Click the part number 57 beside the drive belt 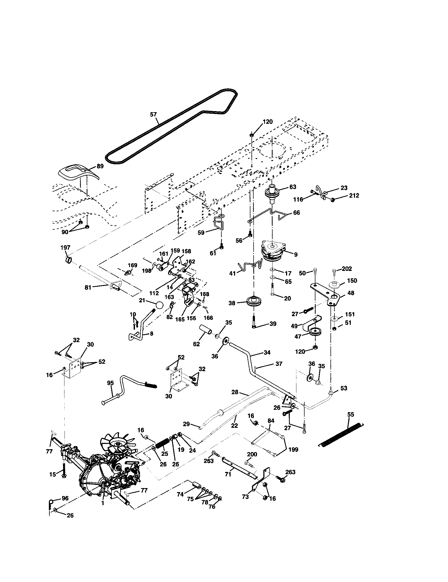tap(153, 115)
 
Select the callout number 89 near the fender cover tap(100, 166)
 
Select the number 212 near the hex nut tap(354, 195)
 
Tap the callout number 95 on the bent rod tap(110, 383)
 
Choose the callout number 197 tap(65, 248)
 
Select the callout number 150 tap(352, 281)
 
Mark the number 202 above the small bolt tap(347, 269)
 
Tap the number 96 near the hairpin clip tap(65, 498)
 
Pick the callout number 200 tap(252, 454)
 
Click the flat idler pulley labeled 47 tap(315, 333)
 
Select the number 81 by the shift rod tap(88, 287)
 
